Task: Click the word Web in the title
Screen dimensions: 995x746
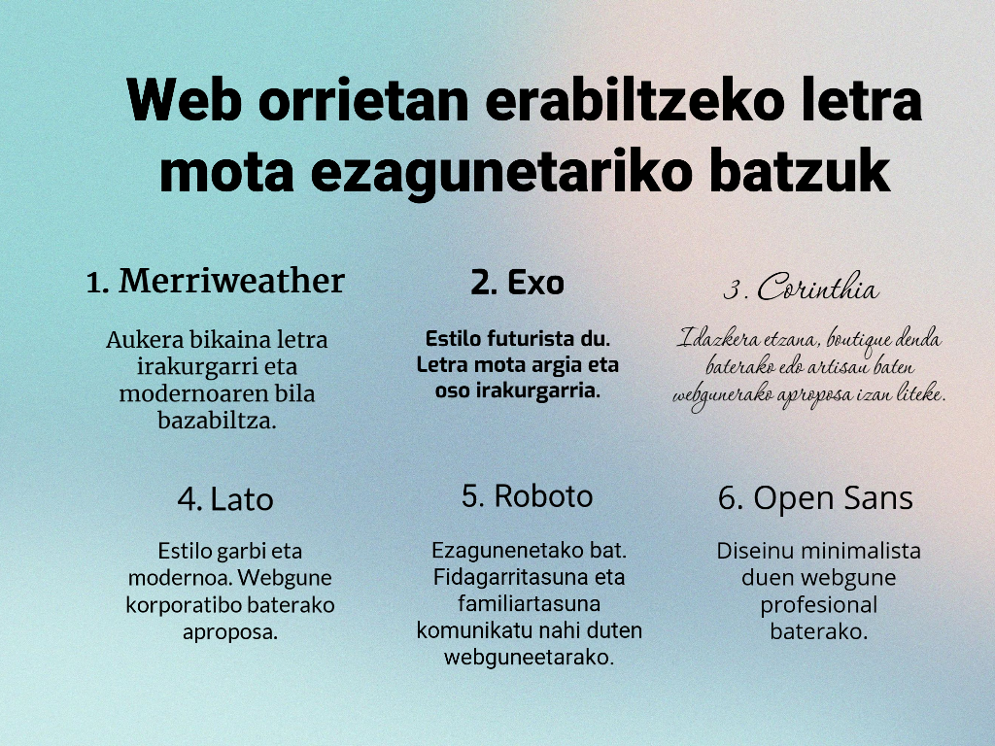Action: coord(184,100)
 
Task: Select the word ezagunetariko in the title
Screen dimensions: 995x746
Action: coord(500,173)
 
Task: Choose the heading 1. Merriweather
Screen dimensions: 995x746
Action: coord(215,281)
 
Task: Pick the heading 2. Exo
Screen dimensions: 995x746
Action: coord(517,283)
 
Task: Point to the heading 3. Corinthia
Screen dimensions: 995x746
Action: coord(802,288)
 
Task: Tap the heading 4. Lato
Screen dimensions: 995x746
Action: coord(225,499)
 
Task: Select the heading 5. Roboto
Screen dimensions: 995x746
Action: coord(527,496)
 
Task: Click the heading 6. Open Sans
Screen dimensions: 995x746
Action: coord(815,498)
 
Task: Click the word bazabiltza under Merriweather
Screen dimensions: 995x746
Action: coord(217,420)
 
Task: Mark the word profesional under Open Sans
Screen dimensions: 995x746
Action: coord(818,605)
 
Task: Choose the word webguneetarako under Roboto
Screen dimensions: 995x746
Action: coord(529,658)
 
